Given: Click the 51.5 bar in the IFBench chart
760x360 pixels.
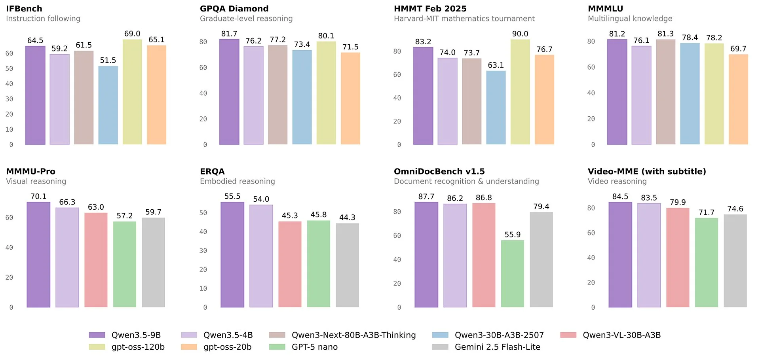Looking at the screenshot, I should pos(108,105).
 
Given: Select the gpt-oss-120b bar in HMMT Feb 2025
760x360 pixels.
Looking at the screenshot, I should pos(520,92).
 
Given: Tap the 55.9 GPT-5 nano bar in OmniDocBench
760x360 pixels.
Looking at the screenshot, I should pos(513,274).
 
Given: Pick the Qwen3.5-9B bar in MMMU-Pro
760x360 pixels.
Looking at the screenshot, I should pos(38,255).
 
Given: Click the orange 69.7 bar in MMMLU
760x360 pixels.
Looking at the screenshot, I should pos(738,99).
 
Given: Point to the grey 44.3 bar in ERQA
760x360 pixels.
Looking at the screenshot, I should pos(347,265).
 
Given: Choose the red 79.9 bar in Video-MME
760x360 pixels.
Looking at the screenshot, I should pos(678,258).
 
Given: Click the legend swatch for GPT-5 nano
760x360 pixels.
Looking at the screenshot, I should pos(277,347).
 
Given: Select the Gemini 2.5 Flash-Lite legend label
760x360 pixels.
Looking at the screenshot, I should pos(497,347).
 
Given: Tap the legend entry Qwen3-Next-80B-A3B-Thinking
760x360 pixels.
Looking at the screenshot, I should pos(353,335).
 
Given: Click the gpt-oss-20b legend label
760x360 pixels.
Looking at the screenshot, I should pos(227,347).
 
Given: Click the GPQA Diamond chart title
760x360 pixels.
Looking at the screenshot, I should pos(234,9).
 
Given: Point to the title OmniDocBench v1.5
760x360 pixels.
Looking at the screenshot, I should pos(439,171).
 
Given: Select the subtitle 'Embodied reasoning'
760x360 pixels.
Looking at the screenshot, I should pos(237,181).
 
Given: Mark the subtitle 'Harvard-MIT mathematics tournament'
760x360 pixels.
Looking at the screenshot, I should pos(464,19).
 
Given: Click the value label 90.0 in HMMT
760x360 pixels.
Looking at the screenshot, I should pos(520,34).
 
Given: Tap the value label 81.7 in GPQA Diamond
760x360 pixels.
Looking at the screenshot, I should pos(229,34).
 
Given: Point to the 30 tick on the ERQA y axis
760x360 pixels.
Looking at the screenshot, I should pos(203,250).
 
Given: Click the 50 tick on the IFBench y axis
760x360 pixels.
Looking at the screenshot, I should pos(9,68).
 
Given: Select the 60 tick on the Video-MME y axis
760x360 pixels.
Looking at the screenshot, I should pos(591,233).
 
